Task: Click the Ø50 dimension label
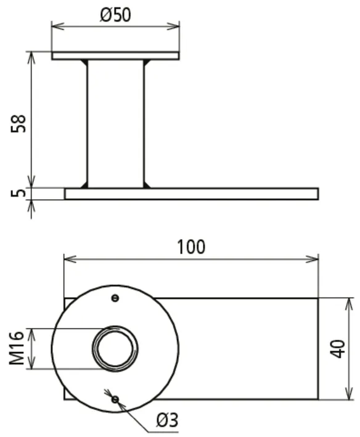[115, 15]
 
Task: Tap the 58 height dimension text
[18, 123]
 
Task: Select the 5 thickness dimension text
[18, 192]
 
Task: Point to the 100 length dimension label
[192, 247]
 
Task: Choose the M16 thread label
[17, 348]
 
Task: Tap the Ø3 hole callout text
[167, 420]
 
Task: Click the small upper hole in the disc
[115, 298]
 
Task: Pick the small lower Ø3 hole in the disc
[115, 399]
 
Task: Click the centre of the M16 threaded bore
[115, 348]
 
